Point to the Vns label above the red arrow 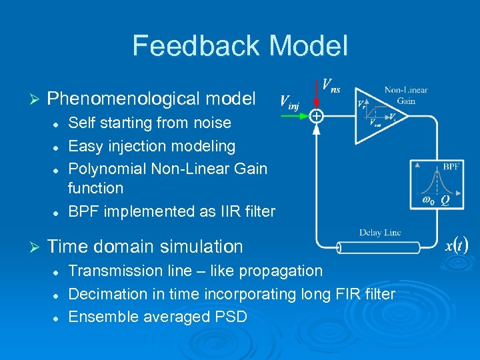[x=331, y=85]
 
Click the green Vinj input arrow [x=295, y=116]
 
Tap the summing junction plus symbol [x=316, y=117]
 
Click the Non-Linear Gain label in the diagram [x=405, y=95]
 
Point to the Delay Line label [x=379, y=233]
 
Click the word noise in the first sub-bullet [x=213, y=123]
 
